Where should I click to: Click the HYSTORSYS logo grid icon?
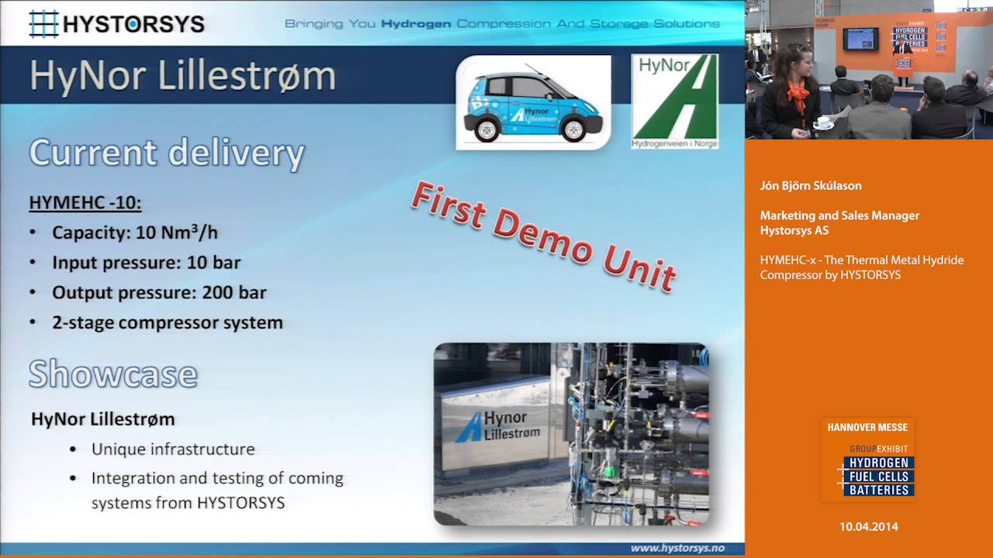click(x=44, y=23)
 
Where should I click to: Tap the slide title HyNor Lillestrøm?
click(x=182, y=77)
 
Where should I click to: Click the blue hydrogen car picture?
click(x=532, y=102)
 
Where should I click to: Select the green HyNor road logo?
click(x=674, y=101)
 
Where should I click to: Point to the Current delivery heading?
click(x=166, y=153)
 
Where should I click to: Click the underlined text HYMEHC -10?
click(x=85, y=203)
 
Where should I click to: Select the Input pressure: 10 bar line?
click(x=146, y=263)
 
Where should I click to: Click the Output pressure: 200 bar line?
click(x=159, y=293)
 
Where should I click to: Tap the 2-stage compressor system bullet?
click(x=167, y=322)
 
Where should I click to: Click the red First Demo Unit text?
click(x=543, y=236)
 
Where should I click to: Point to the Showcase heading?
click(x=113, y=374)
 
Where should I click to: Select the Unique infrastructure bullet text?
click(x=172, y=449)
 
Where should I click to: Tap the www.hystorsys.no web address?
click(x=676, y=548)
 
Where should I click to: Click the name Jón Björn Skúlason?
click(x=811, y=186)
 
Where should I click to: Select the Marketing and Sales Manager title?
click(x=839, y=215)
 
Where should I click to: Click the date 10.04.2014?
click(x=868, y=527)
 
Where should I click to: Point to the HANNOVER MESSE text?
click(x=867, y=428)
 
